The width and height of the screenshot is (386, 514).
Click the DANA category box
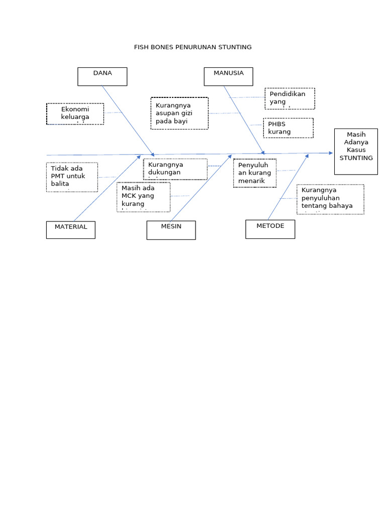[x=102, y=76]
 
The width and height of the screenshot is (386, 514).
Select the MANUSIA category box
[x=228, y=76]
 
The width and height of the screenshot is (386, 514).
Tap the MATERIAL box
[x=71, y=230]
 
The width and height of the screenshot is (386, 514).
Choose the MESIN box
[x=171, y=230]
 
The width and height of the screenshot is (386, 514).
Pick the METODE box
[x=270, y=229]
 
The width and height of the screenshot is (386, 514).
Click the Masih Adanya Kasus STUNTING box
[x=356, y=151]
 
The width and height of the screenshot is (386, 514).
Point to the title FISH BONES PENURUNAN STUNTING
[x=192, y=47]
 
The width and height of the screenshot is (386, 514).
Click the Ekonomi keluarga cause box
[x=75, y=114]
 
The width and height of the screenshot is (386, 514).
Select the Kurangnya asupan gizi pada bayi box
[x=179, y=113]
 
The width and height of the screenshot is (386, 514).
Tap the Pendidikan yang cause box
[x=289, y=98]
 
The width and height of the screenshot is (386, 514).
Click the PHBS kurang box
[x=288, y=128]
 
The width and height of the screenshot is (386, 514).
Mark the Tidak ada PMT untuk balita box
[x=72, y=177]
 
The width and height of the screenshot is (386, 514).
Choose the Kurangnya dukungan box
[x=175, y=169]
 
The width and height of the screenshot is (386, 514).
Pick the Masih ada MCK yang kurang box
[x=144, y=197]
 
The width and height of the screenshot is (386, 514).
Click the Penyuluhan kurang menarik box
[x=255, y=173]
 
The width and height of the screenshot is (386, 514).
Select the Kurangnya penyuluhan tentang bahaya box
[x=330, y=199]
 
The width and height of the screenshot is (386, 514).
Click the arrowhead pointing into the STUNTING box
[x=330, y=153]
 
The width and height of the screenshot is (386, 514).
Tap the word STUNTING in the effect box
[x=356, y=158]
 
